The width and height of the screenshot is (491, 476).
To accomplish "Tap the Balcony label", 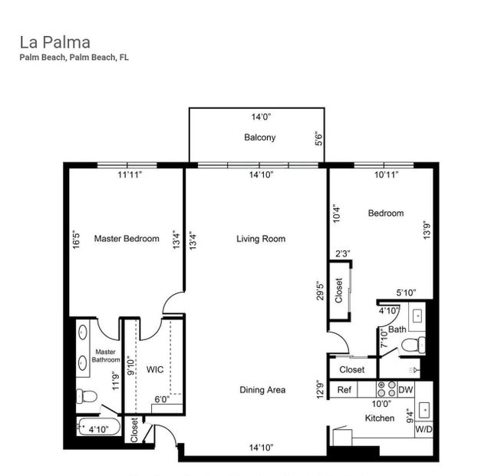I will (x=259, y=137).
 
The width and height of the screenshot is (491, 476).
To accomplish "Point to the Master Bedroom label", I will (x=127, y=239).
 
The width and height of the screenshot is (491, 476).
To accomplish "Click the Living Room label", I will (x=260, y=239).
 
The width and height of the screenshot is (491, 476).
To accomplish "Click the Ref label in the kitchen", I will (x=345, y=390).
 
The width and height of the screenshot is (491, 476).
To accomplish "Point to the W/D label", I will (x=423, y=431).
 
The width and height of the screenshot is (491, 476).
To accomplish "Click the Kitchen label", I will (x=380, y=418).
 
